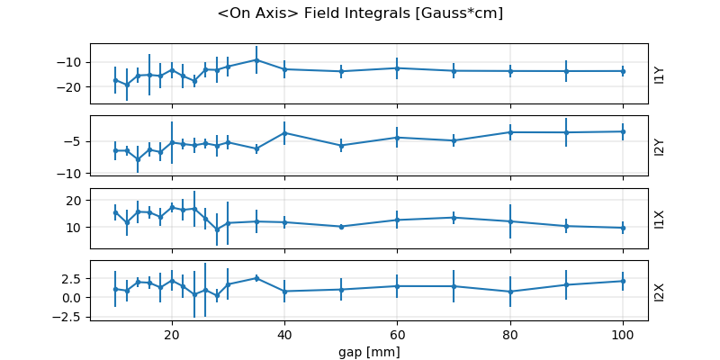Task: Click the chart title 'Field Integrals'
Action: pyautogui.click(x=359, y=13)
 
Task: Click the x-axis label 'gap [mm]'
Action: pyautogui.click(x=369, y=349)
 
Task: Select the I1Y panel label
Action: pyautogui.click(x=660, y=75)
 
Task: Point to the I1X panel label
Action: pyautogui.click(x=660, y=219)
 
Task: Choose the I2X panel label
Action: pyautogui.click(x=660, y=291)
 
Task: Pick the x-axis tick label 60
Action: pyautogui.click(x=397, y=331)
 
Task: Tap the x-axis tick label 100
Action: pyautogui.click(x=622, y=331)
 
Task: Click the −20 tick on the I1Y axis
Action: pyautogui.click(x=71, y=87)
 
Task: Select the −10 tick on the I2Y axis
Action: pyautogui.click(x=71, y=173)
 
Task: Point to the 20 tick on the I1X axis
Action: pyautogui.click(x=76, y=200)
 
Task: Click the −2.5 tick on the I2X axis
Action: pyautogui.click(x=69, y=316)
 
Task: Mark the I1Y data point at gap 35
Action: pyautogui.click(x=256, y=60)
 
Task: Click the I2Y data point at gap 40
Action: pyautogui.click(x=284, y=133)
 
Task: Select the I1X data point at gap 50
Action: pyautogui.click(x=341, y=227)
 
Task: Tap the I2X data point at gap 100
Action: pyautogui.click(x=623, y=281)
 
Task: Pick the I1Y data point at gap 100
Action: pyautogui.click(x=623, y=71)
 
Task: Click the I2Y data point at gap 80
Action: pyautogui.click(x=510, y=132)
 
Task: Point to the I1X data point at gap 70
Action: pyautogui.click(x=454, y=217)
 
